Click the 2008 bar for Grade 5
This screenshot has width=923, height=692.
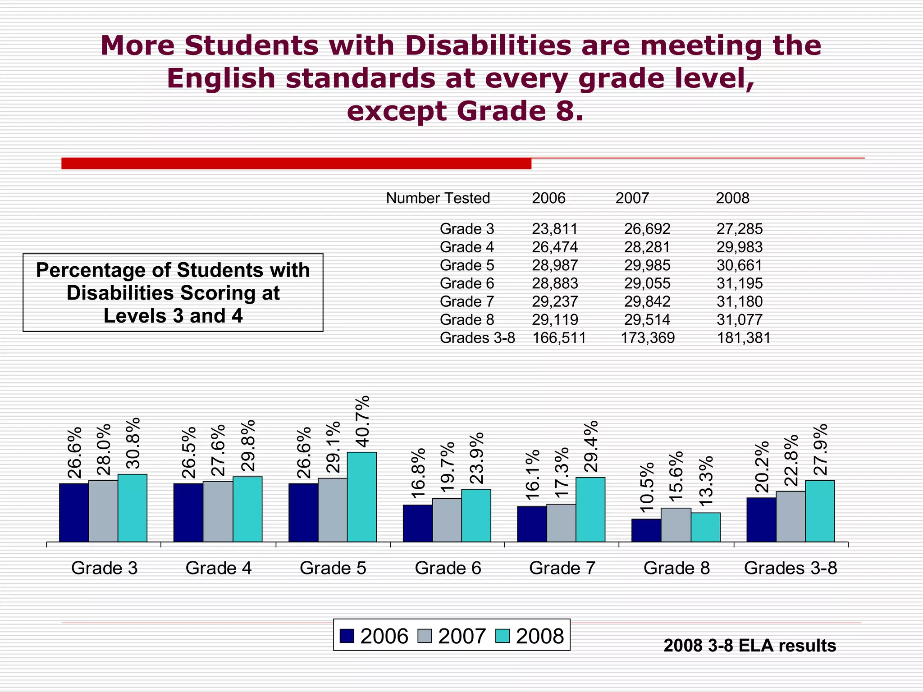(361, 496)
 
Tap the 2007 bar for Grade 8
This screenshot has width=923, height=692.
(676, 524)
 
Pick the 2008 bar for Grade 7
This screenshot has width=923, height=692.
(590, 509)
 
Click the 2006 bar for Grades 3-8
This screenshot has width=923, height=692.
(761, 519)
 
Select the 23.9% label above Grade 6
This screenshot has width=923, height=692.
(476, 458)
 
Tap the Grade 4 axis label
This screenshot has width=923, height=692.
(218, 568)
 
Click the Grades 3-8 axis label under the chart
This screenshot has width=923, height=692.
(790, 568)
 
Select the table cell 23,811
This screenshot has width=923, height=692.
(554, 229)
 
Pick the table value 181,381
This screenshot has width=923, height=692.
(744, 338)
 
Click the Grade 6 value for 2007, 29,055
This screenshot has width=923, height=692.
(647, 283)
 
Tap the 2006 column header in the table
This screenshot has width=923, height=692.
(548, 198)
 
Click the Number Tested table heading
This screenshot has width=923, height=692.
(438, 198)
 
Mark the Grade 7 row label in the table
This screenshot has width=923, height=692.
(467, 301)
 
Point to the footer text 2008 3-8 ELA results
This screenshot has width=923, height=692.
(749, 646)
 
